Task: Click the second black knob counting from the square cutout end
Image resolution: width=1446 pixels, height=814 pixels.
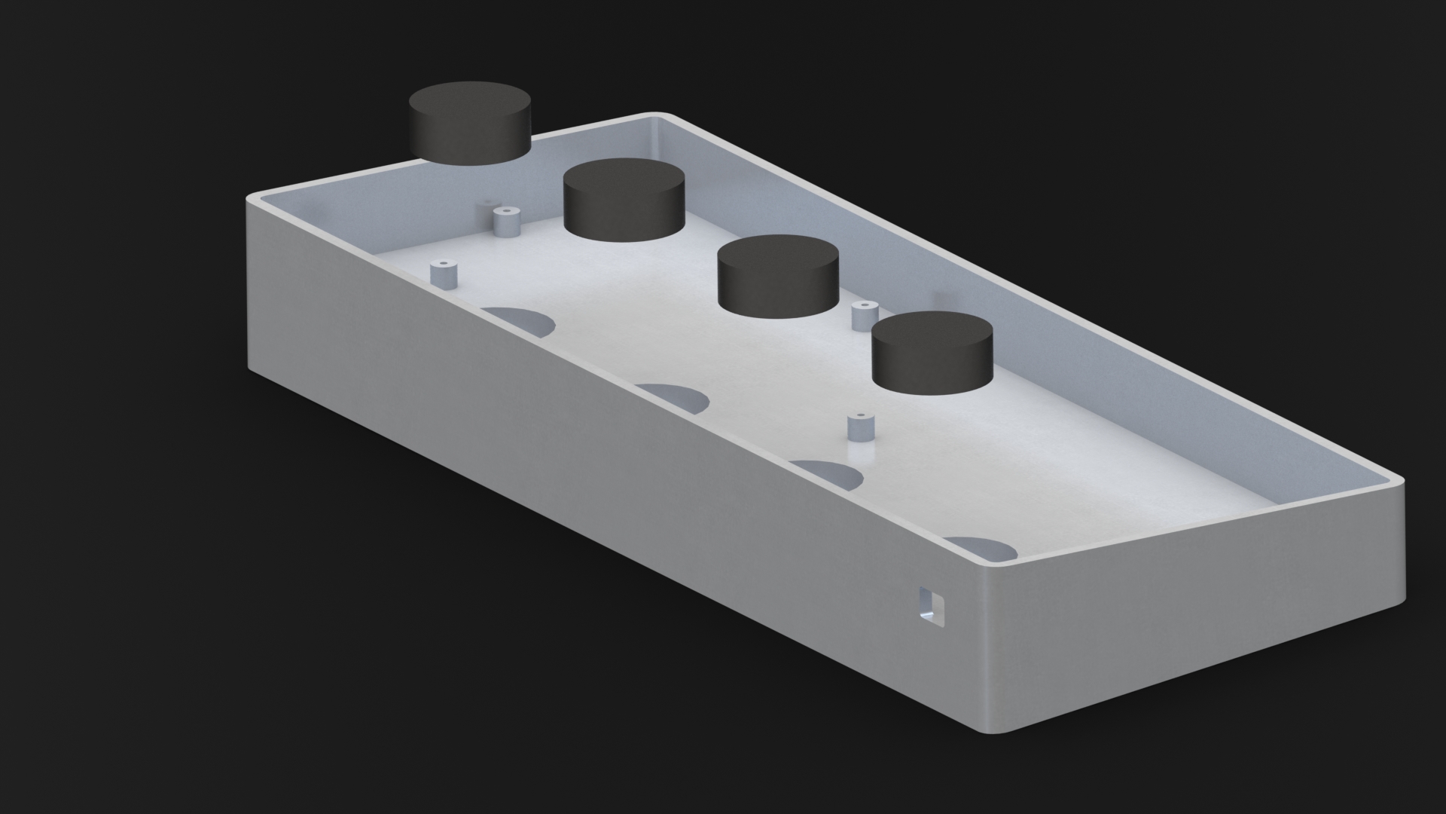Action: pyautogui.click(x=778, y=275)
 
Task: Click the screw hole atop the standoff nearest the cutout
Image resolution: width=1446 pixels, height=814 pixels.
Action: pyautogui.click(x=859, y=416)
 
